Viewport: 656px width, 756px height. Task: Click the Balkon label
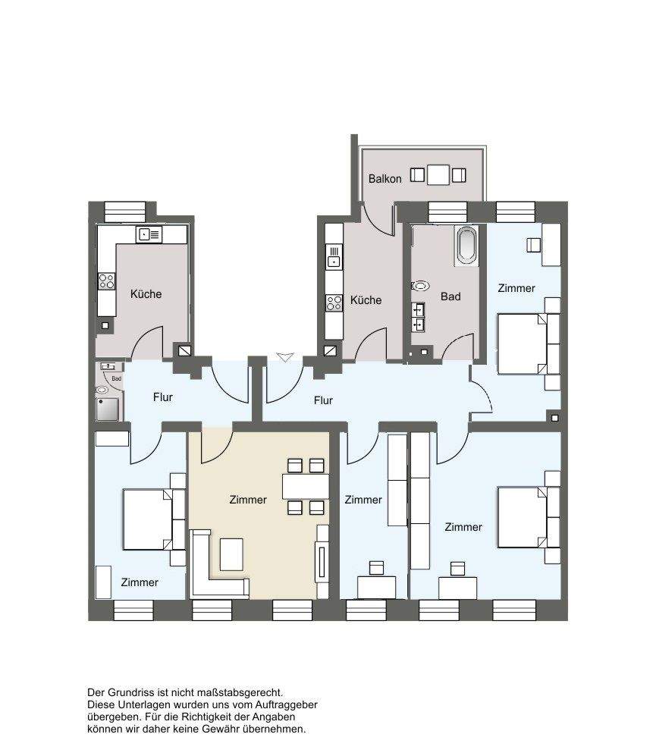click(x=384, y=179)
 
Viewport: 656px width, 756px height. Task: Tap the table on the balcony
click(x=438, y=175)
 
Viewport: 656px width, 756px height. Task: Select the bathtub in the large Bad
click(x=466, y=246)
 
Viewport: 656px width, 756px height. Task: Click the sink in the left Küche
click(x=149, y=235)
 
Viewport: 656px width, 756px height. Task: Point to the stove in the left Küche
click(x=107, y=281)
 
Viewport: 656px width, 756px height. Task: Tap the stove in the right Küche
click(x=334, y=303)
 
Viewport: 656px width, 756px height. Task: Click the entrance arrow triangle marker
click(x=285, y=357)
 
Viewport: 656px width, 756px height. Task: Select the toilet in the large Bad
click(x=420, y=286)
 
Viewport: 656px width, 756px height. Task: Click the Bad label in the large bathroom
click(x=450, y=296)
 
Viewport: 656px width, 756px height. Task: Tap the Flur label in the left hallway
click(x=162, y=397)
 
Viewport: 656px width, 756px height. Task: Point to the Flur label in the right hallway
click(x=323, y=400)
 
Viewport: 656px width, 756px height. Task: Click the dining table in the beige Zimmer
click(x=306, y=487)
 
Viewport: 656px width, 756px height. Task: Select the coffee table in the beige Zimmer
click(x=231, y=554)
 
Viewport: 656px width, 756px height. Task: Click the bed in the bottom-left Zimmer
click(x=148, y=519)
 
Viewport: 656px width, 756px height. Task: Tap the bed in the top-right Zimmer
click(x=523, y=343)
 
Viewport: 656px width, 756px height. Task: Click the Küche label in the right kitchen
click(x=366, y=300)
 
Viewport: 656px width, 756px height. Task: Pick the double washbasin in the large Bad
click(x=418, y=317)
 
